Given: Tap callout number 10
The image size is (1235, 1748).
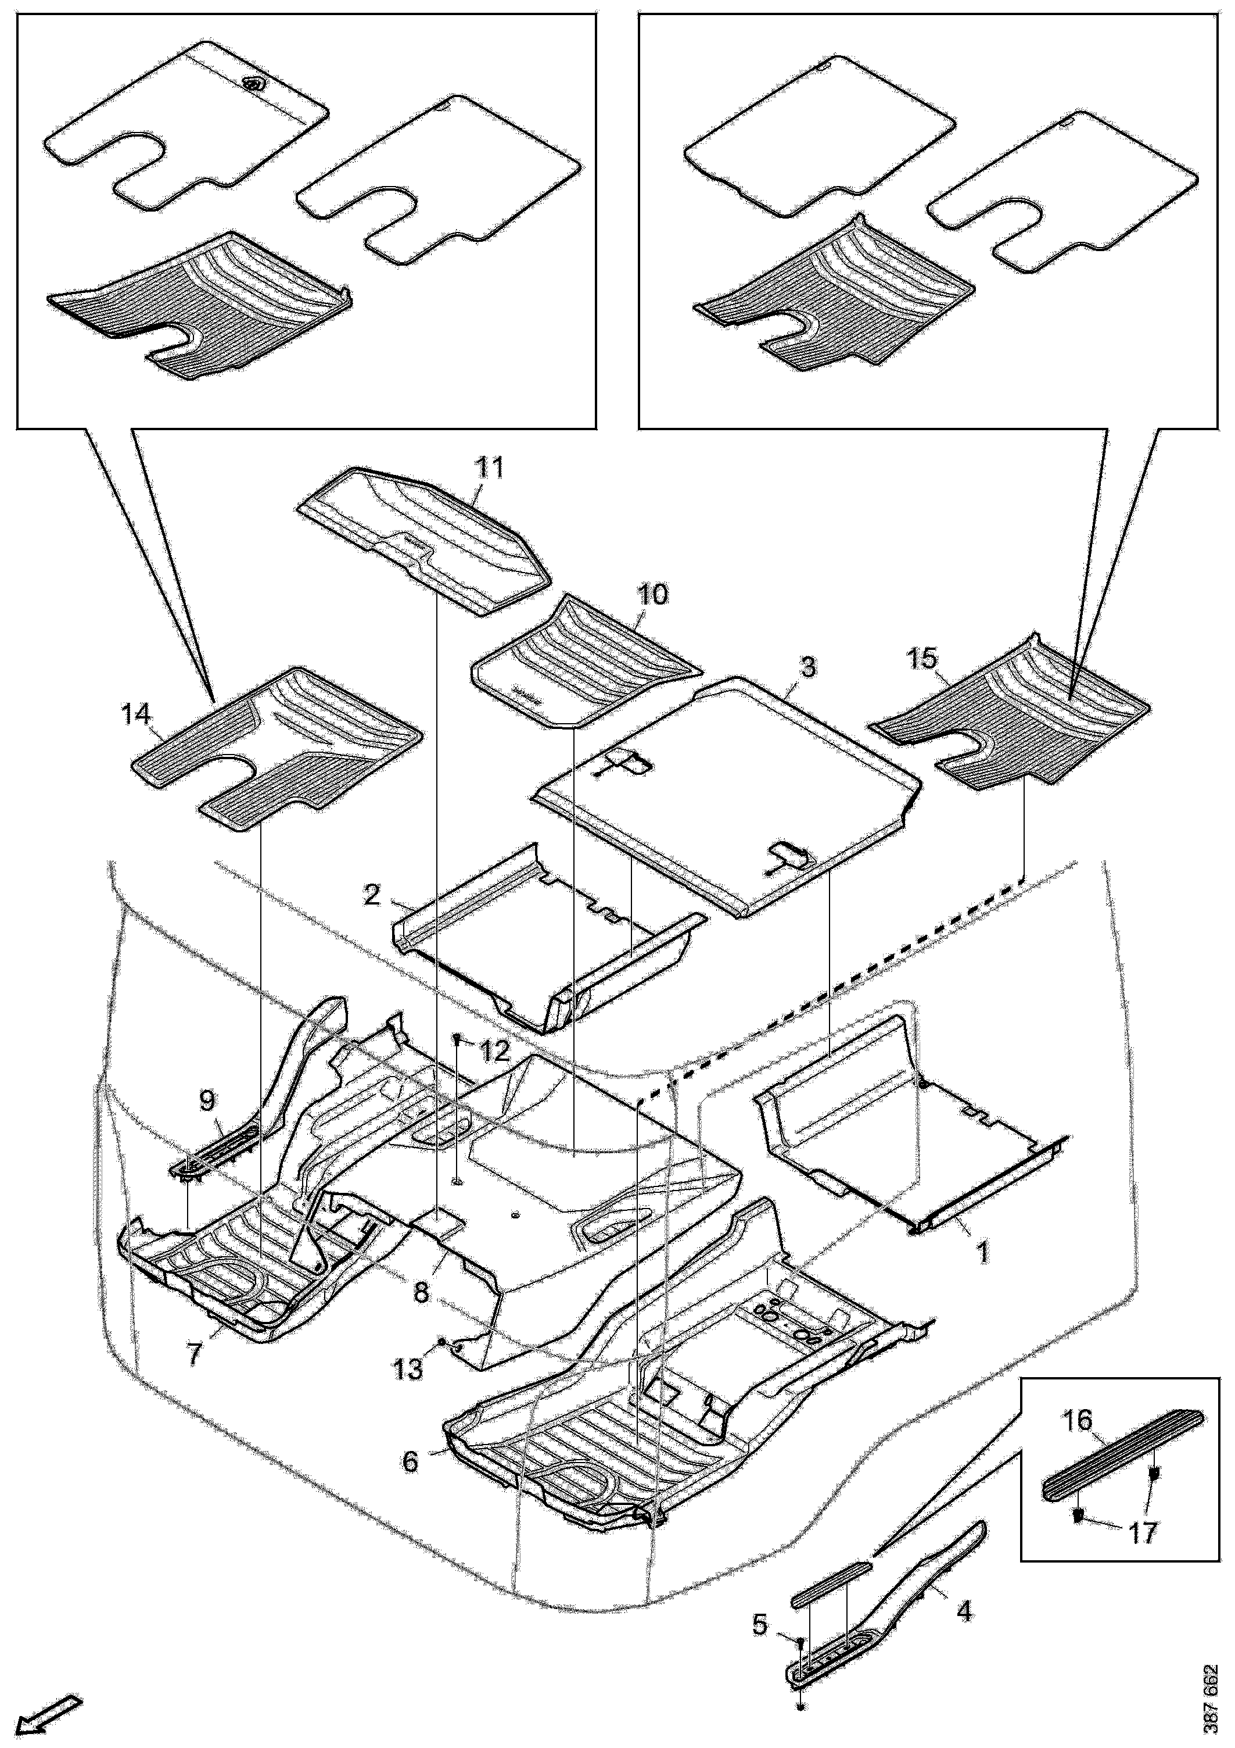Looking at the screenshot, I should click(x=653, y=594).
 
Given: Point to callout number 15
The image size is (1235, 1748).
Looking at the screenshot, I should click(x=922, y=659).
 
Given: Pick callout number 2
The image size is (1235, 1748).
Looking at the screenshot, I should click(x=372, y=895).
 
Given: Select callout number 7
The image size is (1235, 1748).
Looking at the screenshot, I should click(x=195, y=1354).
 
